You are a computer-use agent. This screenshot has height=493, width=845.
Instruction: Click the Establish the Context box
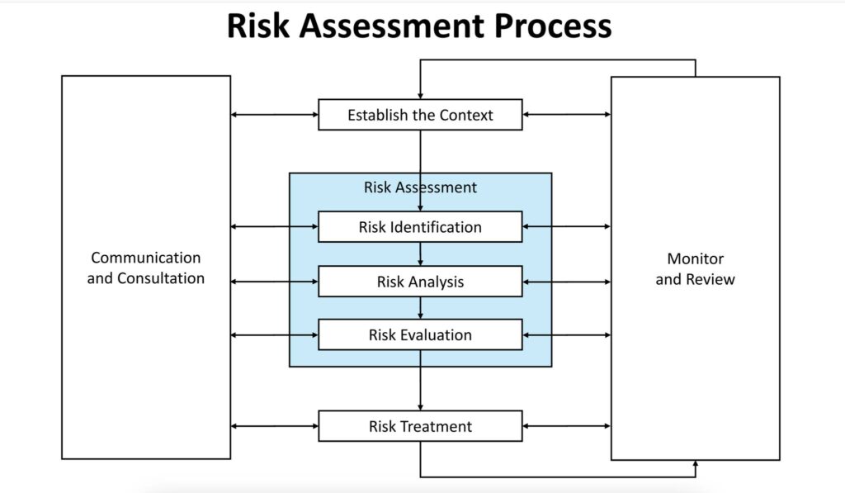(420, 115)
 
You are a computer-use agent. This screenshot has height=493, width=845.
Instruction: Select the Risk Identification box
(420, 227)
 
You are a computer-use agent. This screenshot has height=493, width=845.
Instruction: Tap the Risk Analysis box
(420, 282)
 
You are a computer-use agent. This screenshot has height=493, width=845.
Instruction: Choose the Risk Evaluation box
(420, 335)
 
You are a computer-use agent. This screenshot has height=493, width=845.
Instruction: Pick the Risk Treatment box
(420, 426)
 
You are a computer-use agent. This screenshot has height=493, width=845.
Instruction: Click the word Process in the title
(554, 26)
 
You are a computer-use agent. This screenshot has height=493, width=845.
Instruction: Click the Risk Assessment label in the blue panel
(420, 187)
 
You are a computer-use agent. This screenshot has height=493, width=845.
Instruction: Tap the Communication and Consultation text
(146, 268)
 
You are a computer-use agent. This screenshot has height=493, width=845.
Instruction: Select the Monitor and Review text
(695, 269)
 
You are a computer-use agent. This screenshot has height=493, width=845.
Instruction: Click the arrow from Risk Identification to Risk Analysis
(421, 254)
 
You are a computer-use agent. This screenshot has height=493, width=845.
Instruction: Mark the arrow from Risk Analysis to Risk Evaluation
(421, 308)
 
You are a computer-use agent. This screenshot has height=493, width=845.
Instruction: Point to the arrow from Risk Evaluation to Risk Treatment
(421, 380)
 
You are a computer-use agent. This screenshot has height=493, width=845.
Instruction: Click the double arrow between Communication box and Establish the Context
(274, 115)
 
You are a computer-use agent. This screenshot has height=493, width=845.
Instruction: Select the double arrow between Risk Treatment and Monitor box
(566, 426)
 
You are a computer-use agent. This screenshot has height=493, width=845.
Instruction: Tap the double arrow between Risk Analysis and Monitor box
(566, 282)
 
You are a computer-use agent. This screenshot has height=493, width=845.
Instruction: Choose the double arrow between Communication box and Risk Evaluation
(274, 335)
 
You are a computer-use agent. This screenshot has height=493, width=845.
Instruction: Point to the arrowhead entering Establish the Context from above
(421, 95)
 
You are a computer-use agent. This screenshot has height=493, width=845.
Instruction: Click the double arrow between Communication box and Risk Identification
(274, 227)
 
